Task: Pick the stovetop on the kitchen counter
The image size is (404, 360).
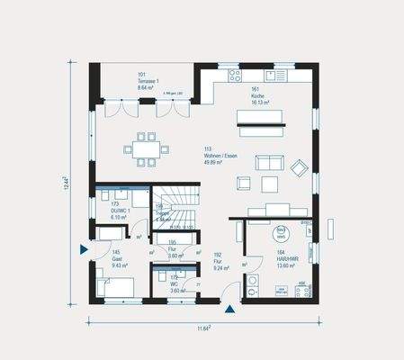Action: pos(236,75)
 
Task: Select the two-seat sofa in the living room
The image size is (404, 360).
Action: pos(268,162)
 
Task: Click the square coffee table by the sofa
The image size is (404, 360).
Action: pos(269,184)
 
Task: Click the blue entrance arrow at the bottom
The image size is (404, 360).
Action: pos(231,309)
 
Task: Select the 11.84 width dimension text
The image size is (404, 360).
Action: pos(204,329)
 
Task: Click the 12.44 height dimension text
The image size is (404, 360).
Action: pos(67,184)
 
